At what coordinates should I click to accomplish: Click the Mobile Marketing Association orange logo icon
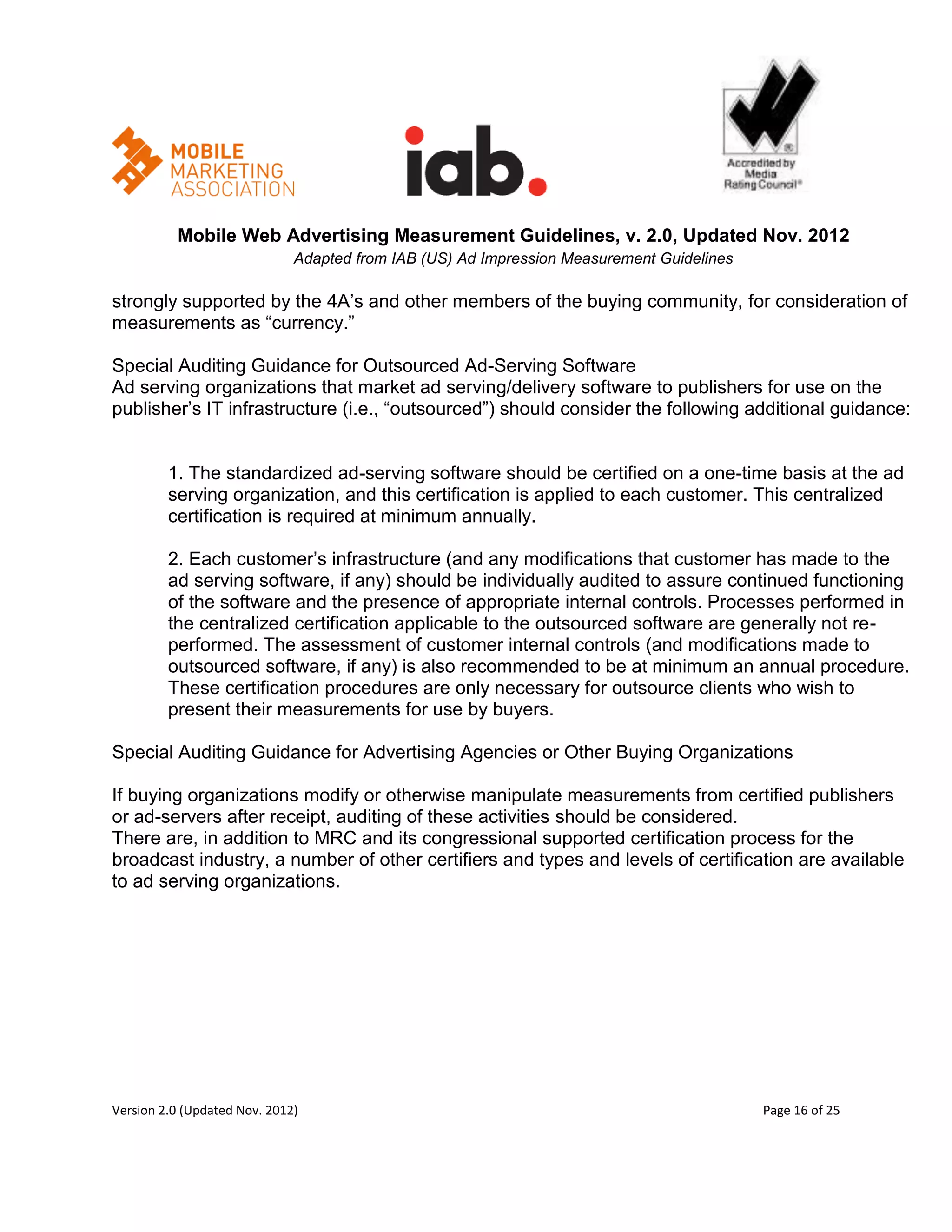click(137, 161)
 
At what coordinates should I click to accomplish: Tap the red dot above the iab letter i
click(415, 135)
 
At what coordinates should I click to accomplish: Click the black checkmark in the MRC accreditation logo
click(770, 104)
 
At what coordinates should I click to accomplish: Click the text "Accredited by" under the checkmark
click(761, 163)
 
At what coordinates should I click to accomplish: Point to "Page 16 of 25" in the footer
click(801, 1110)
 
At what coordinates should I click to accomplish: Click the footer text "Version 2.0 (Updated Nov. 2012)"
click(205, 1110)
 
